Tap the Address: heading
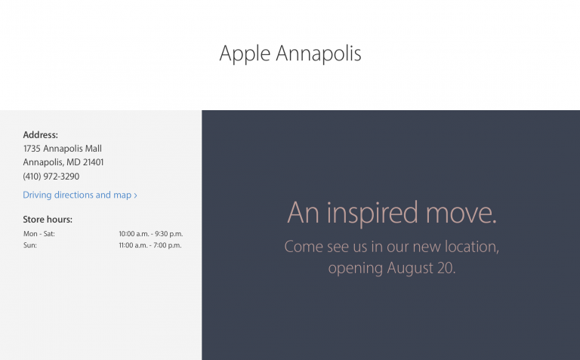(40, 135)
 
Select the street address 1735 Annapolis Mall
(62, 149)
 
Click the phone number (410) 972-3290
(51, 176)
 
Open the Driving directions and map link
(77, 195)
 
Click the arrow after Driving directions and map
(135, 195)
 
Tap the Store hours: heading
(48, 220)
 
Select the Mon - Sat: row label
(39, 234)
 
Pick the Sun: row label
(30, 245)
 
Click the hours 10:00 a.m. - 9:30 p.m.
(150, 234)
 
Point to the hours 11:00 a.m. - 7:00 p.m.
(150, 245)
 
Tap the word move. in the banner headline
(461, 214)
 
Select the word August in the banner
(412, 268)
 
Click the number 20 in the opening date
(446, 268)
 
